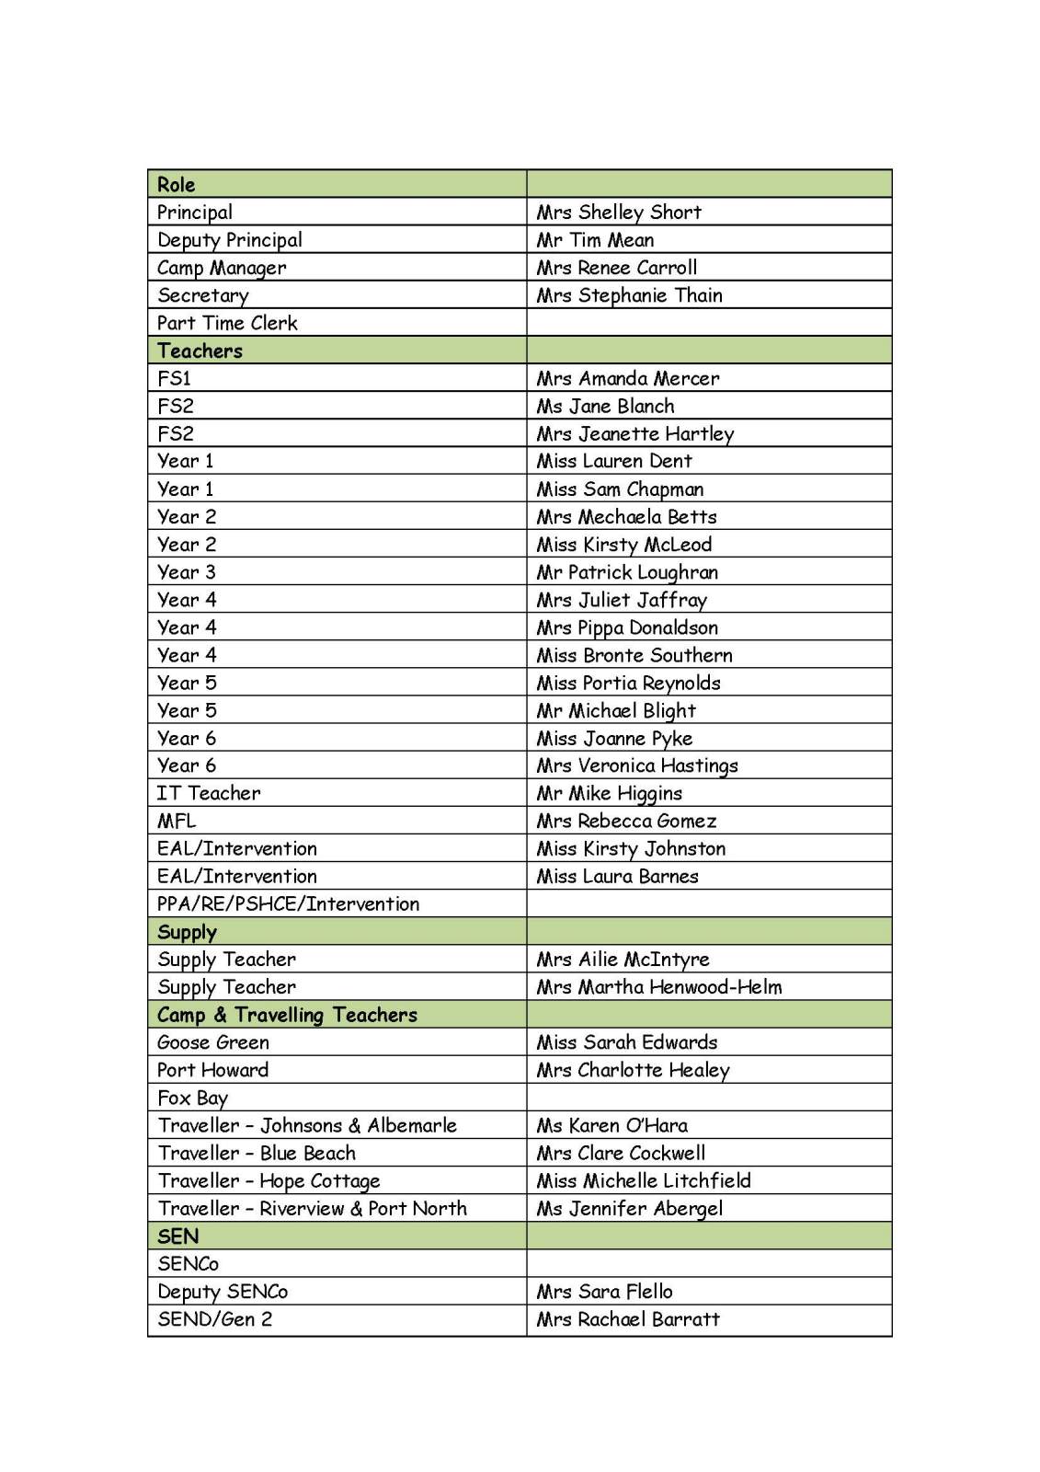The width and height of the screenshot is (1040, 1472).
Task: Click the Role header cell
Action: pyautogui.click(x=177, y=184)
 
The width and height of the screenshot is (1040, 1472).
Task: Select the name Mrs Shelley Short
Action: pyautogui.click(x=619, y=213)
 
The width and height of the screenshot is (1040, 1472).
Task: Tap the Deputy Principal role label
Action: pyautogui.click(x=230, y=240)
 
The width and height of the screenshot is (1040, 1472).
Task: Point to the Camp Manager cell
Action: pyautogui.click(x=222, y=268)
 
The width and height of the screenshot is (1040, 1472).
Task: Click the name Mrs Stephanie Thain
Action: pyautogui.click(x=630, y=295)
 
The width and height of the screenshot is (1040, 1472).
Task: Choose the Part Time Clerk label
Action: pyautogui.click(x=227, y=323)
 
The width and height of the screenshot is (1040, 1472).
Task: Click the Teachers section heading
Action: pyautogui.click(x=200, y=351)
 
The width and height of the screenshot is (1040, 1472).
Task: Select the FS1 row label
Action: pyautogui.click(x=174, y=378)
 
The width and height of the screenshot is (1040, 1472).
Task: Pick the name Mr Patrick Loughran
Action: pyautogui.click(x=627, y=572)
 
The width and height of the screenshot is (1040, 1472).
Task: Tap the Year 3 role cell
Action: pyautogui.click(x=187, y=572)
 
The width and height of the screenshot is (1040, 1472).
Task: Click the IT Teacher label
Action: pyautogui.click(x=209, y=793)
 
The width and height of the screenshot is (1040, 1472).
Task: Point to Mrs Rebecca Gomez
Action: pyautogui.click(x=626, y=821)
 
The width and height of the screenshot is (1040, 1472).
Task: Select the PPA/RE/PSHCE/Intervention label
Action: pyautogui.click(x=288, y=903)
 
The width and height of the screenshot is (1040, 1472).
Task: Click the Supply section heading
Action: pyautogui.click(x=187, y=932)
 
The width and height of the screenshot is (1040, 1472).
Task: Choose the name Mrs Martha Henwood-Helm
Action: pyautogui.click(x=659, y=987)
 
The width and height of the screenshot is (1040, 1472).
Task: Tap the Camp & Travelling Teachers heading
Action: pyautogui.click(x=287, y=1015)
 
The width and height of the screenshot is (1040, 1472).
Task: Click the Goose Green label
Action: pyautogui.click(x=213, y=1042)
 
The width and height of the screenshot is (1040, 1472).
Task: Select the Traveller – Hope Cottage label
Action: pyautogui.click(x=269, y=1181)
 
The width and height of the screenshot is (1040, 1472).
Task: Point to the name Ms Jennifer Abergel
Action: pyautogui.click(x=630, y=1209)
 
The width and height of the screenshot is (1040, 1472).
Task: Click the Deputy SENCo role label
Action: pyautogui.click(x=223, y=1292)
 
